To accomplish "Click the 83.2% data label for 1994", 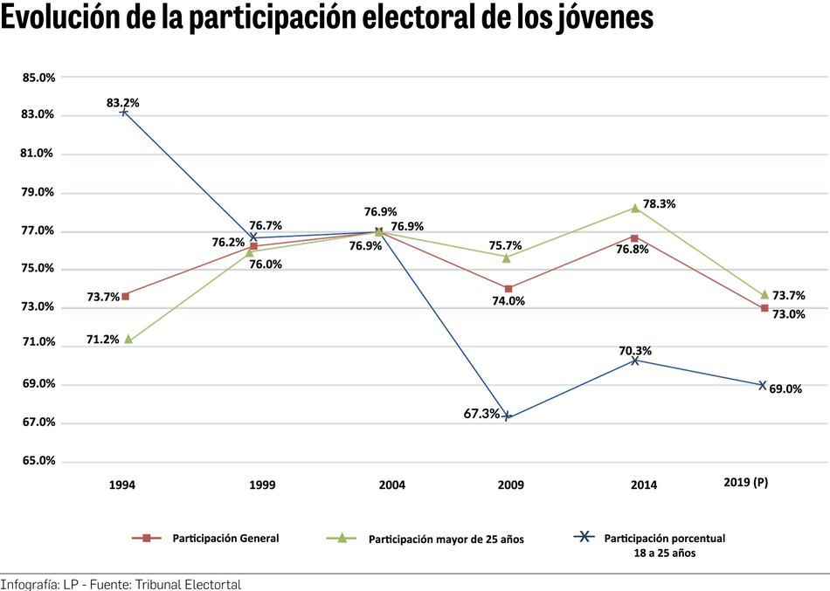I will (123, 102).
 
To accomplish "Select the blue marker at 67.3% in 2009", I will (508, 416).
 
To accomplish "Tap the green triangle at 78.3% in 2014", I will (635, 208).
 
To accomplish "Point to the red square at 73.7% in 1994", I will (126, 296).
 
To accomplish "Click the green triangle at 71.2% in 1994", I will (128, 339).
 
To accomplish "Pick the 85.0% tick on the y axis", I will (38, 78).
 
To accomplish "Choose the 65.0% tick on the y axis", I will (38, 461).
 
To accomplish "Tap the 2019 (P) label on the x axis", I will (746, 482).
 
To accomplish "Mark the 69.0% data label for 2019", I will (785, 389).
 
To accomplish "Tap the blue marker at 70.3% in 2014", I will (635, 360).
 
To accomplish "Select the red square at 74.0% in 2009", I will (508, 288).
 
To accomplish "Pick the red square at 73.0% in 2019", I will (764, 308).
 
